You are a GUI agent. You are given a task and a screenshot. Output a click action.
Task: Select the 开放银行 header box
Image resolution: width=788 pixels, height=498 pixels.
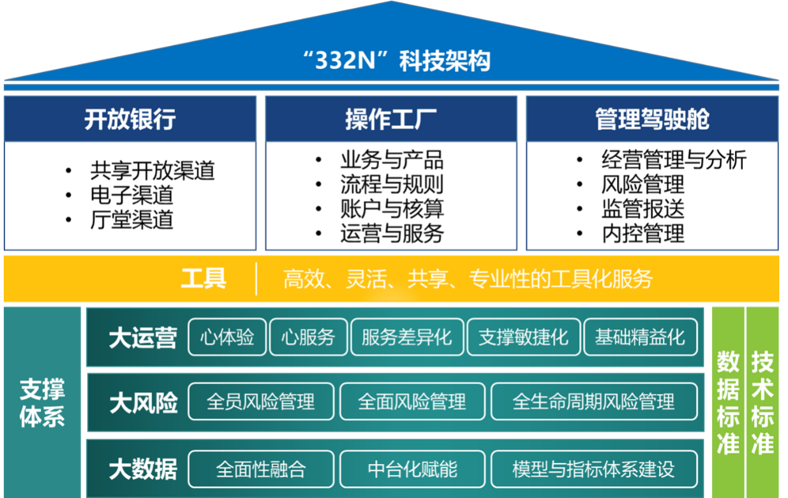click(130, 119)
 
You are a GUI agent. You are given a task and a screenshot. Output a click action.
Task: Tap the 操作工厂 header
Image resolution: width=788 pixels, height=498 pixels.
click(390, 119)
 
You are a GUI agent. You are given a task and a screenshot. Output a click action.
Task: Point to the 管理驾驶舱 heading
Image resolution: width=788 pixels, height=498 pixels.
click(652, 119)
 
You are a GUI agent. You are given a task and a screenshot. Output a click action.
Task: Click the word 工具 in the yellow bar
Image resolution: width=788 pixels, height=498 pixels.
click(203, 279)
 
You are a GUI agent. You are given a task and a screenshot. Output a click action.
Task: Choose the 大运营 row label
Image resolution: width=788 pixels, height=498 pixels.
click(142, 338)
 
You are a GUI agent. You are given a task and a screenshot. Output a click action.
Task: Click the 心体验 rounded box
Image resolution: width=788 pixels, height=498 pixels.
click(227, 337)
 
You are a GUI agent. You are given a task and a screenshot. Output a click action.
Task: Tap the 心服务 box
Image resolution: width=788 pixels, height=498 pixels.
click(308, 337)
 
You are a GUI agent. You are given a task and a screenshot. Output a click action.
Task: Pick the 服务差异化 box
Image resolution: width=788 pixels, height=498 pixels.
click(407, 337)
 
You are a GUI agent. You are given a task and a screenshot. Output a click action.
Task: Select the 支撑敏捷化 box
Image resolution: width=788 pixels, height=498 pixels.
click(523, 337)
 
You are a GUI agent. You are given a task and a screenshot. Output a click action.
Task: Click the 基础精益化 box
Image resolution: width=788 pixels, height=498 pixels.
click(640, 337)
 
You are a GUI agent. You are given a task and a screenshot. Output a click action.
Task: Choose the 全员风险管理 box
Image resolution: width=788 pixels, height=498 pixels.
click(261, 402)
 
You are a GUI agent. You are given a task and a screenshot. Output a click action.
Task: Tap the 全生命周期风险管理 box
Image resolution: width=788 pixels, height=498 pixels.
click(594, 402)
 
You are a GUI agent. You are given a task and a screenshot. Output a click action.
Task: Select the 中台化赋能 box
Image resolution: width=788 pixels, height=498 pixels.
click(412, 469)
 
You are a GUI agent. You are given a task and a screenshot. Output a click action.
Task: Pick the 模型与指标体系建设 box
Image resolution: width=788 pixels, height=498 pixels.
click(594, 469)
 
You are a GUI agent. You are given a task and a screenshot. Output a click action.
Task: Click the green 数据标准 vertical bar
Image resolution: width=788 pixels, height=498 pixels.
click(728, 402)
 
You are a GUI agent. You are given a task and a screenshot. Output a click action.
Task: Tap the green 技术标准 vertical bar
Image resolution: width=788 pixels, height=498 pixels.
click(762, 402)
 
